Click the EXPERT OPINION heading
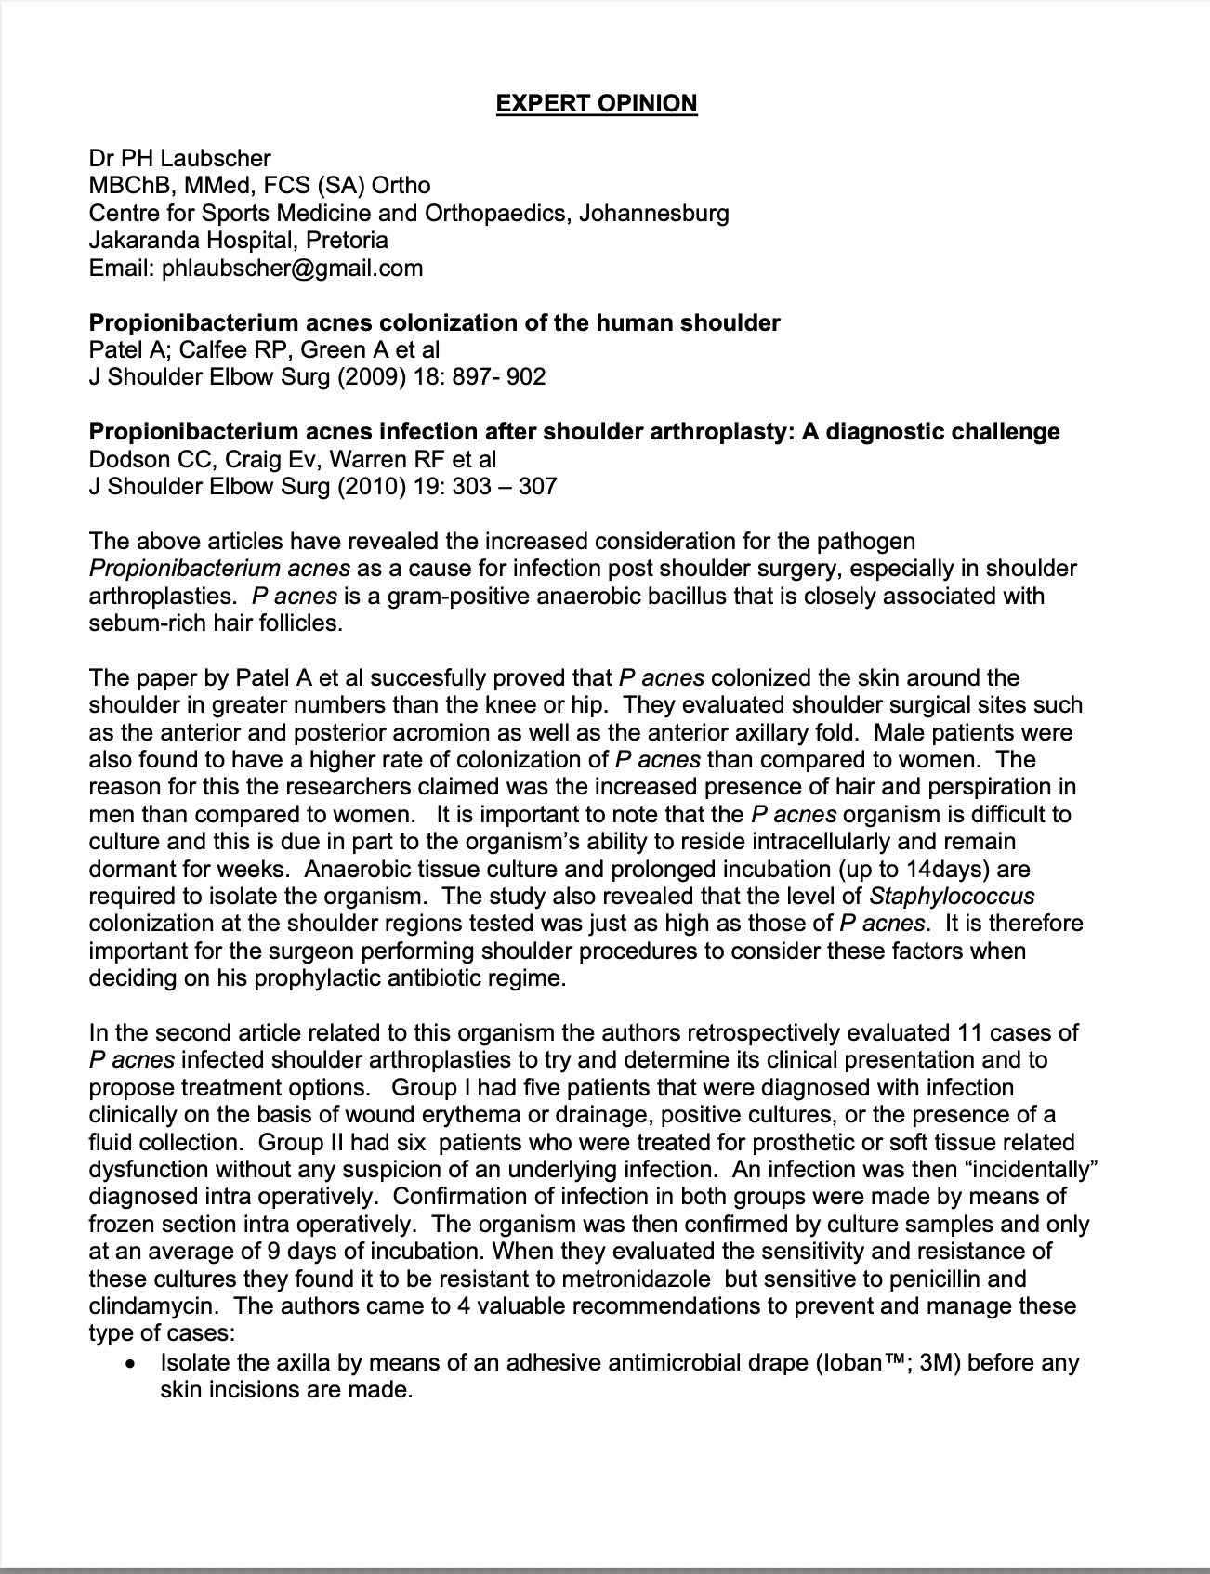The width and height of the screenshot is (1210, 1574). [596, 103]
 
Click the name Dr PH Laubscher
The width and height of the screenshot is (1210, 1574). [179, 159]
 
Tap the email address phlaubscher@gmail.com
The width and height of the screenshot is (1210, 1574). [292, 269]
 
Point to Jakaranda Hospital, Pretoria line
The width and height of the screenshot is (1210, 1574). [238, 241]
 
